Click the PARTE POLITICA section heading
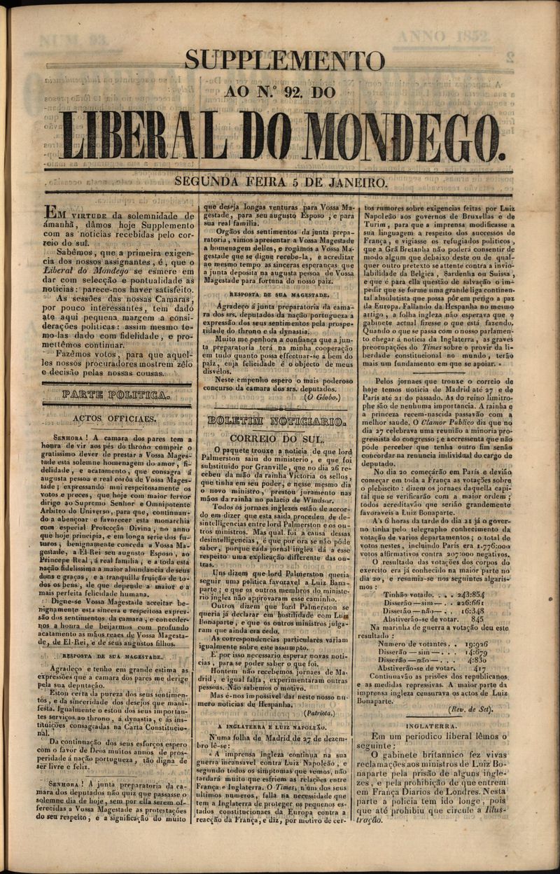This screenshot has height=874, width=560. coord(116,395)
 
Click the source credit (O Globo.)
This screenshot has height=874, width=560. coord(322,397)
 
